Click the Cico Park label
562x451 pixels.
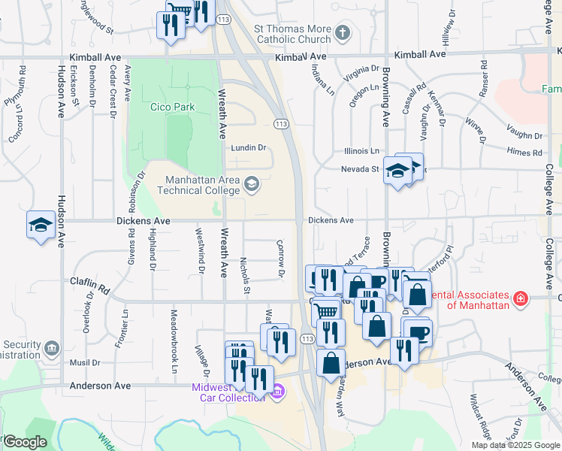(173, 107)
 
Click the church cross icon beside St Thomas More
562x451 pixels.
(343, 32)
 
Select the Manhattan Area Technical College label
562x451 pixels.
(198, 185)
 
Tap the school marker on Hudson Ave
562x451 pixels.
(41, 224)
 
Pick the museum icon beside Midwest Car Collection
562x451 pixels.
(277, 391)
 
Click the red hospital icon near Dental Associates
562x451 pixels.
(520, 300)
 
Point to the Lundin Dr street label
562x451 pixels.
(249, 148)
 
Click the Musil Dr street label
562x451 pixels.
(84, 362)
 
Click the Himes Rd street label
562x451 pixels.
(524, 153)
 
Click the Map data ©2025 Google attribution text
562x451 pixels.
(515, 445)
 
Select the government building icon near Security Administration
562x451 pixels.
(52, 347)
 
